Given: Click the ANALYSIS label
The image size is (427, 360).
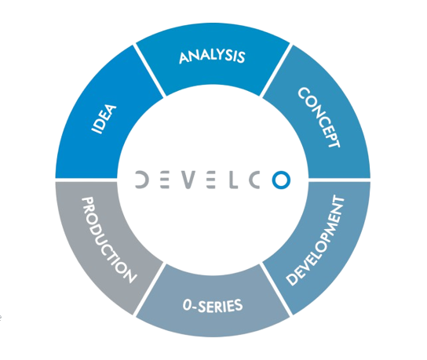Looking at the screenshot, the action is point(212,56).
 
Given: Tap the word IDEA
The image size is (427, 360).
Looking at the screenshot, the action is point(104,119).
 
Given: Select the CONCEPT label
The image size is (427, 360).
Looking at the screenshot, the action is point(319,118).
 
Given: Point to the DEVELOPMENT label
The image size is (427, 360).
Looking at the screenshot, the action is point(316,241).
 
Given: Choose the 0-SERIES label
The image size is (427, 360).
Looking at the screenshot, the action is point(213,305).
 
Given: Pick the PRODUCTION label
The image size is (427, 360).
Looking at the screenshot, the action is point(109,240).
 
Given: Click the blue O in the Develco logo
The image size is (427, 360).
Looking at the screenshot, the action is point(281,180).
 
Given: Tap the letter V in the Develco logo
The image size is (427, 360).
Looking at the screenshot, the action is point(188,180).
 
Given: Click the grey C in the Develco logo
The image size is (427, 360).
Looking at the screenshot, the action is point(254,180).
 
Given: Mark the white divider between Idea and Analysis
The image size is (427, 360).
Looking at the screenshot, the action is point(149,71).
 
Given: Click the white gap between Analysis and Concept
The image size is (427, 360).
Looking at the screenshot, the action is point(276,71).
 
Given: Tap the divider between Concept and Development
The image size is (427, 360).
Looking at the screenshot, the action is point(339,180).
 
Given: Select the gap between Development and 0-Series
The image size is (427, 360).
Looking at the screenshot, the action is point(276,289).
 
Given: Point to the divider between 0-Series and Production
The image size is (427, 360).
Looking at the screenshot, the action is point(149,289).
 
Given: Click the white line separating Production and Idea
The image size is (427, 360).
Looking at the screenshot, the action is point(86,180).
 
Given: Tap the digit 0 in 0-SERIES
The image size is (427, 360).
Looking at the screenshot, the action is point(188,305).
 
